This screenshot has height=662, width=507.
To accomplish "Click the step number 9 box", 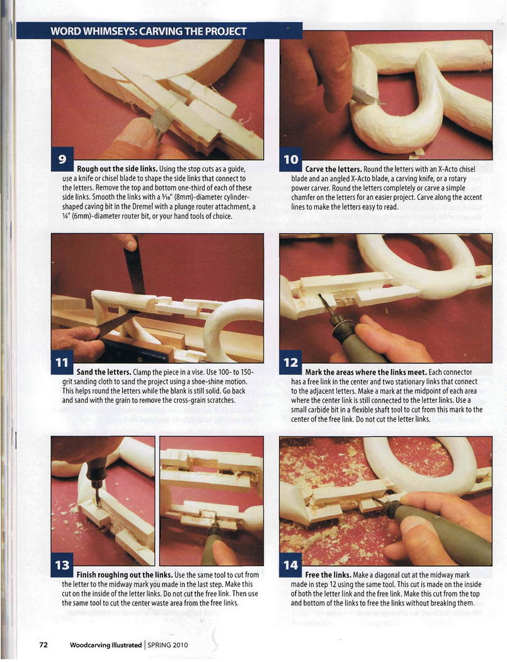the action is point(62,159).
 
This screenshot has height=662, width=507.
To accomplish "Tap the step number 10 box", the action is point(290,159).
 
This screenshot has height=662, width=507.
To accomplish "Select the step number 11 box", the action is point(62,363).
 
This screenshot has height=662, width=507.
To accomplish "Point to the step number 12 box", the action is point(290,363).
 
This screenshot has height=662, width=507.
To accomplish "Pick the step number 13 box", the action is point(62,565).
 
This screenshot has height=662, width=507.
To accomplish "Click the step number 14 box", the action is point(290,565).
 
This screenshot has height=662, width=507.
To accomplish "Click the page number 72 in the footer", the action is point(43,645).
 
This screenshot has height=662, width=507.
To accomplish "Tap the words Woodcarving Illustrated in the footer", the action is point(105,645).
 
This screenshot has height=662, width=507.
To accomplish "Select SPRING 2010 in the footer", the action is point(168,645).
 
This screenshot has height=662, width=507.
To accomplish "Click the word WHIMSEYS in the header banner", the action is point(105,32).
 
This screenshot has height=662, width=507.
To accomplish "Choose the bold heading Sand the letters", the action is point(104,372).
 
